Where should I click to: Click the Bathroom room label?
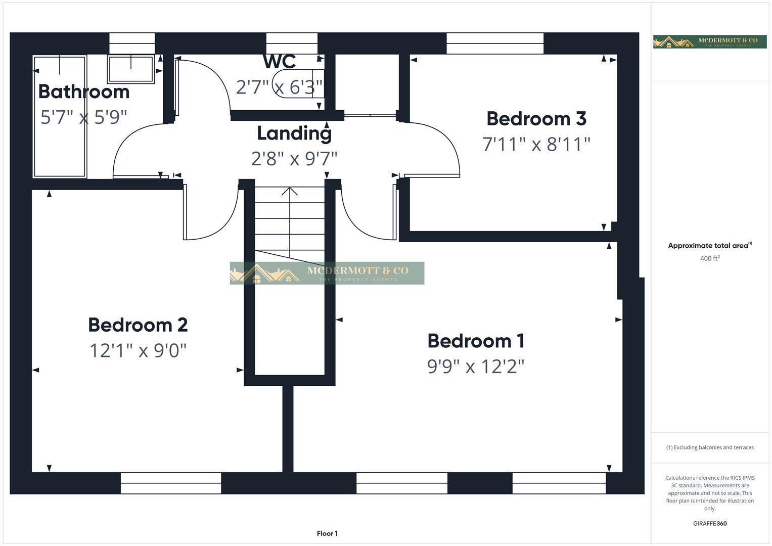(x=84, y=92)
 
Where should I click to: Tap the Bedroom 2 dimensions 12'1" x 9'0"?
(x=138, y=350)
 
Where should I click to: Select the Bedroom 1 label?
(x=476, y=341)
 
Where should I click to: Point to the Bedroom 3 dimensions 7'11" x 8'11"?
(x=536, y=145)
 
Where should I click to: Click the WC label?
(x=279, y=62)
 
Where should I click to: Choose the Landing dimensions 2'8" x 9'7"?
(x=294, y=159)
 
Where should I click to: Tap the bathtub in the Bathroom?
(x=60, y=116)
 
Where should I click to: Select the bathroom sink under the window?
(x=131, y=69)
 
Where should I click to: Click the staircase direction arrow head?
(x=290, y=191)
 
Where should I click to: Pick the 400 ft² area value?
(x=710, y=258)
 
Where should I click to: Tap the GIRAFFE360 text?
(x=710, y=523)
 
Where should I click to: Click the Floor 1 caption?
(x=327, y=533)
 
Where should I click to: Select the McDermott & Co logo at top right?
(x=709, y=42)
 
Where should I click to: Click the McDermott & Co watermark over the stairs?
(x=327, y=273)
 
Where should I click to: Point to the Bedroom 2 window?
(x=171, y=483)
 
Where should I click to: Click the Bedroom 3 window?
(x=495, y=43)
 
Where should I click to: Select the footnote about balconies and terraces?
(x=710, y=447)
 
